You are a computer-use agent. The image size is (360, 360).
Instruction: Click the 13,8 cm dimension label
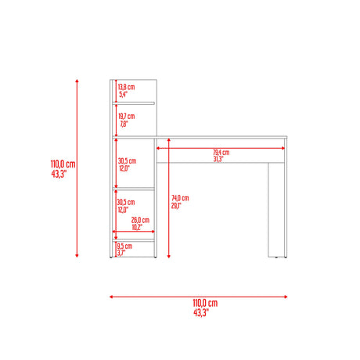[x=126, y=87]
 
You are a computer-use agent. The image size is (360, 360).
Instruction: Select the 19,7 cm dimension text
[x=127, y=116]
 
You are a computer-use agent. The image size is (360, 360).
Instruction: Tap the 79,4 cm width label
[x=221, y=152]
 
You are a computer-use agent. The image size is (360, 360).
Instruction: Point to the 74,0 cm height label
[x=180, y=198]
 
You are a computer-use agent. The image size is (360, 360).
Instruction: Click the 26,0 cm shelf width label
[x=140, y=220]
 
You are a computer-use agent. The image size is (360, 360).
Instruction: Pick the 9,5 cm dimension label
[x=124, y=246]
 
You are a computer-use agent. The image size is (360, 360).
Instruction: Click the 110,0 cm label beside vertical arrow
[x=63, y=164]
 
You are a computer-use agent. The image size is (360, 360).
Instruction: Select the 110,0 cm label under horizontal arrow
[x=205, y=303]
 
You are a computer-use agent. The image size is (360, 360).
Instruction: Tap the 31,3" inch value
[x=218, y=159]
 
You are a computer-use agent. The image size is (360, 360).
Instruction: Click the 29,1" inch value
[x=176, y=206]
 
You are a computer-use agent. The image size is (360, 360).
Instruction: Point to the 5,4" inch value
[x=124, y=94]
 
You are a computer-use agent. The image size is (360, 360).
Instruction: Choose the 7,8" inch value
[x=124, y=124]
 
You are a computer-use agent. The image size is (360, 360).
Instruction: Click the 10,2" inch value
[x=137, y=227]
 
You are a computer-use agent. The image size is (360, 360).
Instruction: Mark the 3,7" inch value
[x=121, y=253]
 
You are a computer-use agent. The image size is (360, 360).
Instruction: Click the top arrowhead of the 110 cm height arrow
[x=77, y=81]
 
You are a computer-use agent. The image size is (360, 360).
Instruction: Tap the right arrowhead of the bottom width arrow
[x=286, y=297]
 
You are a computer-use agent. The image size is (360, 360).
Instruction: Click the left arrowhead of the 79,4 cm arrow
[x=158, y=148]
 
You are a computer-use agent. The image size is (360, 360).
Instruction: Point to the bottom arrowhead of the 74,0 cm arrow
[x=169, y=256]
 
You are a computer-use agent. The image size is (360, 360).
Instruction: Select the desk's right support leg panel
[x=276, y=210]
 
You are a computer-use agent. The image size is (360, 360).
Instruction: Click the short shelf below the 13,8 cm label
[x=134, y=103]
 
